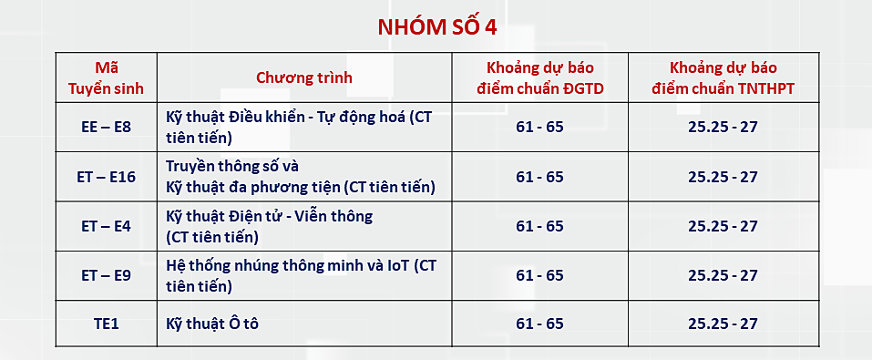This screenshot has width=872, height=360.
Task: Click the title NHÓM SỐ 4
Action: pyautogui.click(x=437, y=26)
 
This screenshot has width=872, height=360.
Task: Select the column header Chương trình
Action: pyautogui.click(x=303, y=77)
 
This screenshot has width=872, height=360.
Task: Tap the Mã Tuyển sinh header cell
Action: pyautogui.click(x=107, y=77)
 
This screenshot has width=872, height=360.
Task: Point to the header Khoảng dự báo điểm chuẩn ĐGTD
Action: pyautogui.click(x=539, y=77)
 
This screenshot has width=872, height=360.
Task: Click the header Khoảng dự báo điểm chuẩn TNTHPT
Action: pyautogui.click(x=723, y=77)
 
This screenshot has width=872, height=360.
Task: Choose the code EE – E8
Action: pyautogui.click(x=107, y=127)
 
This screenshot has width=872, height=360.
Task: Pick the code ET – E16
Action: pyautogui.click(x=107, y=177)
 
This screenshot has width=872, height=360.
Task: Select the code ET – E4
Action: pyautogui.click(x=107, y=226)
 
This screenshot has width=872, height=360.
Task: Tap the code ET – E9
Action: pyautogui.click(x=107, y=275)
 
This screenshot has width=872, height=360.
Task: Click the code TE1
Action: pyautogui.click(x=107, y=324)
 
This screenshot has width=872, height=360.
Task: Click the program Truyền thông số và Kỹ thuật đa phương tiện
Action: pyautogui.click(x=301, y=177)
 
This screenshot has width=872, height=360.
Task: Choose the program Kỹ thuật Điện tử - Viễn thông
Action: pyautogui.click(x=270, y=226)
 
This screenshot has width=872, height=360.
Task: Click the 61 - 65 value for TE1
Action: pyautogui.click(x=539, y=324)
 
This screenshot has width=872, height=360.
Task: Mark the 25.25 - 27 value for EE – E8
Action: pyautogui.click(x=723, y=127)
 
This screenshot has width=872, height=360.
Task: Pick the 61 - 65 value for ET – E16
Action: pyautogui.click(x=539, y=177)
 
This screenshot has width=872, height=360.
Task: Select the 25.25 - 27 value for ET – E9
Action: pyautogui.click(x=723, y=275)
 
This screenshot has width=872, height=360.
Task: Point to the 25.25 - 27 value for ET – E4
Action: pyautogui.click(x=723, y=226)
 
